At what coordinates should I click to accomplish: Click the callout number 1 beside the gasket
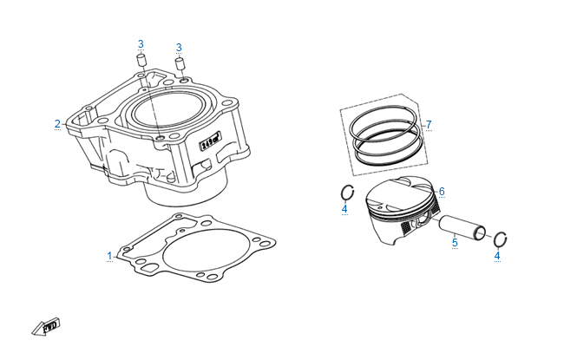tap(109, 256)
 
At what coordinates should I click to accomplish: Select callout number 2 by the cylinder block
tap(57, 124)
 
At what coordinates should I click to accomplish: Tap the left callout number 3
tap(141, 44)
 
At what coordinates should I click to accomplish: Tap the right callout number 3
tap(179, 48)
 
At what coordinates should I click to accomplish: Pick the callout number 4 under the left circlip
tap(344, 208)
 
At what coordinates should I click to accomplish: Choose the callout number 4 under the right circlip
tap(497, 256)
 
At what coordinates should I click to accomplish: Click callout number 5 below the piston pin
tap(455, 242)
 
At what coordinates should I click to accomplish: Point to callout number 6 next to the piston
tap(442, 192)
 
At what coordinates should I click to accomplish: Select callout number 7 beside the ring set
tap(429, 125)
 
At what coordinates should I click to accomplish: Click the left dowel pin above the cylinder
tap(141, 59)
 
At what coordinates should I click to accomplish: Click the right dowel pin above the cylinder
tap(180, 63)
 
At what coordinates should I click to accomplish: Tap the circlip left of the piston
tap(347, 193)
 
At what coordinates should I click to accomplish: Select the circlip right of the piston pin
tap(501, 239)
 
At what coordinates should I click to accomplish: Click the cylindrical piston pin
tap(462, 227)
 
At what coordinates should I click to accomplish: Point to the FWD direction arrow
tap(46, 327)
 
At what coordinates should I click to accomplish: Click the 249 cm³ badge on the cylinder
tap(210, 141)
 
